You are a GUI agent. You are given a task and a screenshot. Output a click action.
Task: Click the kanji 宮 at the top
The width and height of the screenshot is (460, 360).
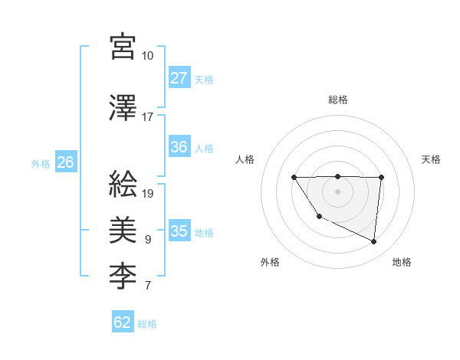(x=123, y=47)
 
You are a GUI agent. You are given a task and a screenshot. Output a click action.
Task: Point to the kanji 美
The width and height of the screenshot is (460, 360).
(x=123, y=228)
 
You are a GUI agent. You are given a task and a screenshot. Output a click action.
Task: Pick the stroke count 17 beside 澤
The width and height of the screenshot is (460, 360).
(x=147, y=117)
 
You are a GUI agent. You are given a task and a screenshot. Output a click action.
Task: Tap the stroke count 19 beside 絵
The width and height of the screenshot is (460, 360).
(x=148, y=193)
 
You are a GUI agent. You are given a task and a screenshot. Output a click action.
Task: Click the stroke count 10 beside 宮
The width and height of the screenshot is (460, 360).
(x=148, y=56)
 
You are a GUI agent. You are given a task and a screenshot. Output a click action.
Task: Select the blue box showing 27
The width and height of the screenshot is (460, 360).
(x=179, y=78)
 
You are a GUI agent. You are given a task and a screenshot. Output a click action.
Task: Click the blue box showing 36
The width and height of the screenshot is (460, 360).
(x=179, y=147)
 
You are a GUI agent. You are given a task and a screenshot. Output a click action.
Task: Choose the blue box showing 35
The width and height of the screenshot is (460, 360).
(x=179, y=231)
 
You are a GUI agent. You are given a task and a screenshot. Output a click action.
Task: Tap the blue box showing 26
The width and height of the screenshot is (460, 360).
(x=65, y=162)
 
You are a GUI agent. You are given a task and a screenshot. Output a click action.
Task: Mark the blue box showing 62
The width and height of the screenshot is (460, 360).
(x=123, y=322)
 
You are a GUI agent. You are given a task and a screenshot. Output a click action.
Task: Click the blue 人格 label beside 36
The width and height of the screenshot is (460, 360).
(x=204, y=148)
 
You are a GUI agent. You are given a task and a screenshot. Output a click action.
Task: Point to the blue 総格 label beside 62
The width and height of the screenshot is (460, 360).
(x=147, y=323)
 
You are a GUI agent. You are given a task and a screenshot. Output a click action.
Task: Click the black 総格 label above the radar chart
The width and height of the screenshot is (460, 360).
(x=337, y=100)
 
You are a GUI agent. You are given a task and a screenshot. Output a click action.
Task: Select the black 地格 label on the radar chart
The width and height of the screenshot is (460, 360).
(x=402, y=262)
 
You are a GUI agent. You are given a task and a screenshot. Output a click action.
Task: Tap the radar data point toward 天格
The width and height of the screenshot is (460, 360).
(x=381, y=178)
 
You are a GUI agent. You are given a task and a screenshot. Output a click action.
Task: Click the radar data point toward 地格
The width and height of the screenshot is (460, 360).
(x=374, y=242)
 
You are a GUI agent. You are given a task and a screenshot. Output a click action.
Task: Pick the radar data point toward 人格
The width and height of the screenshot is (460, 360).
(x=294, y=178)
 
